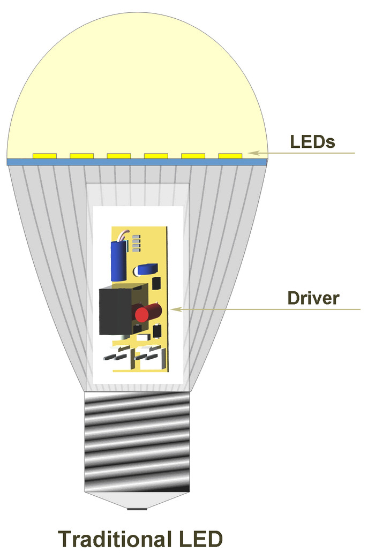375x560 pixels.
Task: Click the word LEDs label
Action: pos(312,142)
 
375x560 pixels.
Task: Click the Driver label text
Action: pos(313,298)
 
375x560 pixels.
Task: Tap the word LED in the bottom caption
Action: pos(199,539)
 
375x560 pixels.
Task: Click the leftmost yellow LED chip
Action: pos(45,156)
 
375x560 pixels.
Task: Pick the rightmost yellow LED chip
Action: pos(230,156)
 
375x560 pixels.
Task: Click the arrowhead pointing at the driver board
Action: pos(175,309)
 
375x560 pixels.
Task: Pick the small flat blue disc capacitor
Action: pos(147,270)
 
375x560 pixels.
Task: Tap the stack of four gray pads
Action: pos(136,244)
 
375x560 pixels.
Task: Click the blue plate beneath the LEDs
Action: pos(137,162)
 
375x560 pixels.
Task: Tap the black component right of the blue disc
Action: pos(157,283)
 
